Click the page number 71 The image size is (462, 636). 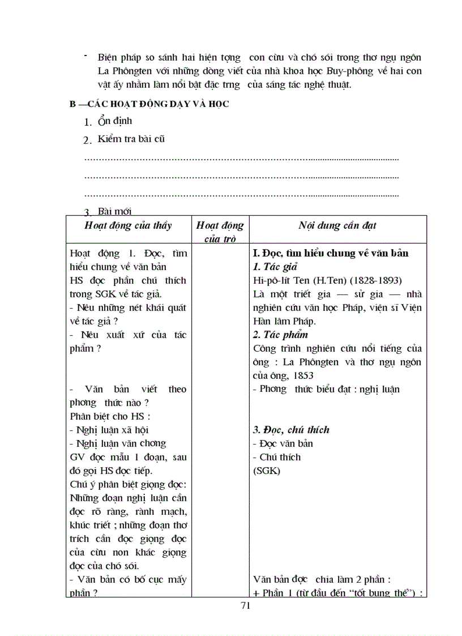pyautogui.click(x=245, y=605)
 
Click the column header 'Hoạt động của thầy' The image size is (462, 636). pyautogui.click(x=128, y=225)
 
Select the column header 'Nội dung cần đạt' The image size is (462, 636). pyautogui.click(x=337, y=225)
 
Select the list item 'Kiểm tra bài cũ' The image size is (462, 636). pyautogui.click(x=131, y=139)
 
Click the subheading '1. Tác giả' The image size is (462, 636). pyautogui.click(x=275, y=267)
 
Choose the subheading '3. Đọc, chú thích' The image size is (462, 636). pyautogui.click(x=291, y=430)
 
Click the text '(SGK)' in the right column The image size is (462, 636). pyautogui.click(x=267, y=471)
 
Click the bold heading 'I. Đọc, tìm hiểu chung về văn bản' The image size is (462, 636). pyautogui.click(x=331, y=253)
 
